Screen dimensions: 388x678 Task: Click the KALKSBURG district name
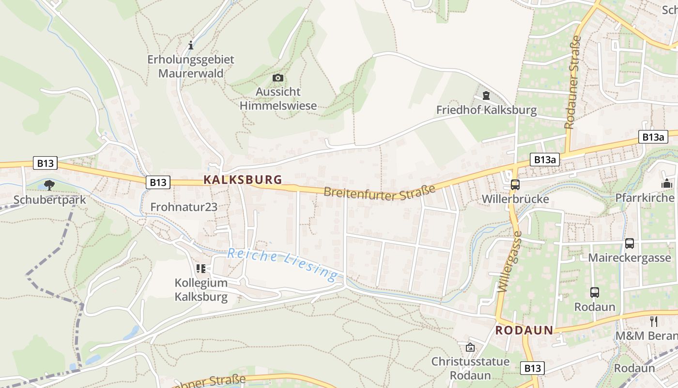point(243,179)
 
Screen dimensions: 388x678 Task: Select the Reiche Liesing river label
point(283,264)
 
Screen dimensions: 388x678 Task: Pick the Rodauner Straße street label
point(572,82)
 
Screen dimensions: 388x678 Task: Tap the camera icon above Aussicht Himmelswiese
point(278,78)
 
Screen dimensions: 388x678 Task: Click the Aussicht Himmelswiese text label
point(278,98)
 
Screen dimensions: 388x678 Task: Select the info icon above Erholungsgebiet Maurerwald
point(191,46)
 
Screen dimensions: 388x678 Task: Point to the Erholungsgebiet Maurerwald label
point(191,66)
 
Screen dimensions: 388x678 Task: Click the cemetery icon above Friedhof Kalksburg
point(486,96)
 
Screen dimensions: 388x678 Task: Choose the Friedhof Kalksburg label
point(486,110)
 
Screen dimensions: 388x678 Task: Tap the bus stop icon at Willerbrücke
point(515,185)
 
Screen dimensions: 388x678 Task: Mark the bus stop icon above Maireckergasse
point(629,243)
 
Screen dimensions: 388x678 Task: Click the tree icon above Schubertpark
point(49,185)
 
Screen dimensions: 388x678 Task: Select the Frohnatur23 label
point(184,207)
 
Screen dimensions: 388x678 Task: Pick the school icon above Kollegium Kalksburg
point(201,268)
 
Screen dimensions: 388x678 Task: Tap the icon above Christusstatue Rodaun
point(470,347)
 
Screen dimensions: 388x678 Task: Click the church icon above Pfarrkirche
point(667,184)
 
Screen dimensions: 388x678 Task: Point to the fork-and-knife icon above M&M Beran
point(653,321)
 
